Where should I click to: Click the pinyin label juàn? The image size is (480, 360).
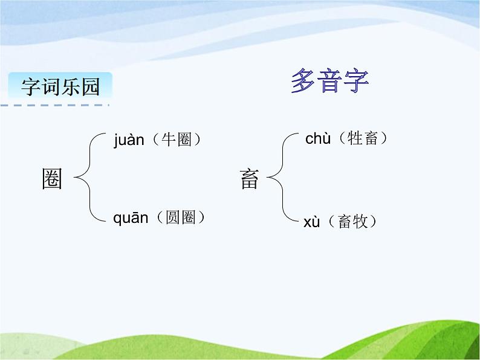(129, 140)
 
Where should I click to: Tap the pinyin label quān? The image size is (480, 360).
(131, 218)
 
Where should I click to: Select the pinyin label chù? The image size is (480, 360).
(318, 138)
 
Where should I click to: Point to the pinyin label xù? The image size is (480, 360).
(311, 222)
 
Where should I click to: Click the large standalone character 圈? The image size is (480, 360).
(52, 178)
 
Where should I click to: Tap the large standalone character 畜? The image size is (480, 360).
(249, 179)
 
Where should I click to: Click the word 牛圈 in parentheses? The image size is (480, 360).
(177, 140)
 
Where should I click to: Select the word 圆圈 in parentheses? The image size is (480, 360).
(181, 217)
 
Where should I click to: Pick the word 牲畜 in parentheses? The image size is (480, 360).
(363, 138)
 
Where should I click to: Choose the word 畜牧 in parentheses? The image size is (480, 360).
(352, 221)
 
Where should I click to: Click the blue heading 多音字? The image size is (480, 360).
(329, 80)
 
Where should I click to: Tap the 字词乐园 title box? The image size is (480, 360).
(60, 86)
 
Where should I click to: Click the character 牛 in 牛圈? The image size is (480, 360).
(169, 140)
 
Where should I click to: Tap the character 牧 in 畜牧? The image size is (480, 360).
(360, 221)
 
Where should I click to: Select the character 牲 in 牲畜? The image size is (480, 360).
(355, 138)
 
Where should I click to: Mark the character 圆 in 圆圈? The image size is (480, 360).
(173, 217)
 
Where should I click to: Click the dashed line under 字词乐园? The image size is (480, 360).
(55, 105)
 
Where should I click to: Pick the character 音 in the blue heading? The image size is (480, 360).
(329, 80)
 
